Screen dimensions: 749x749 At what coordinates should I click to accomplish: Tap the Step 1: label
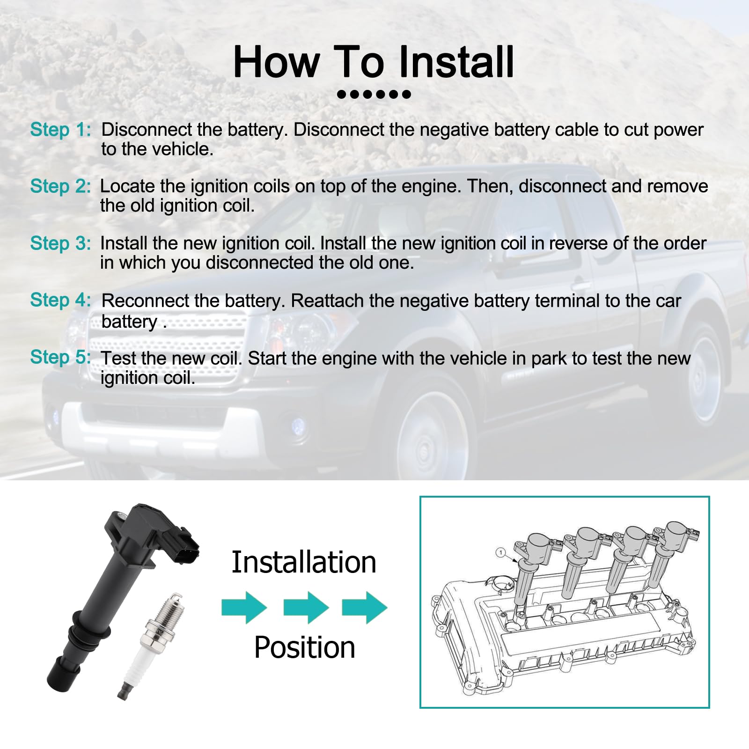[x=60, y=130]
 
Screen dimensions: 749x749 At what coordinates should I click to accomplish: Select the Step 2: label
[x=60, y=186]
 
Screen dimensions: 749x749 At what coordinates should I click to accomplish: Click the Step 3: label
[x=60, y=243]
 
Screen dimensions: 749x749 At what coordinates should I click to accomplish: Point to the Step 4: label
[x=60, y=300]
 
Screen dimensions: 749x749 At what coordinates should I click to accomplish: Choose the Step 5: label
[x=60, y=357]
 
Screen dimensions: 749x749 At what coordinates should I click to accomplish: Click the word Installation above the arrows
[x=304, y=562]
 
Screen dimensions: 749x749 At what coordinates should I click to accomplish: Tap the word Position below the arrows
[x=304, y=647]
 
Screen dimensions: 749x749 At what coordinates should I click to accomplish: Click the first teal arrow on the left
[x=244, y=608]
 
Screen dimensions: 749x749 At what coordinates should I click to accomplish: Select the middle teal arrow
[x=306, y=608]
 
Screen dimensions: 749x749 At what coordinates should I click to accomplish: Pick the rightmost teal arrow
[x=365, y=608]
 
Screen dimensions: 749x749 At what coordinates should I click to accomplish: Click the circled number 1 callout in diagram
[x=501, y=553]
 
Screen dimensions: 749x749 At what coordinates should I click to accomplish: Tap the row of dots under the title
[x=374, y=95]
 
